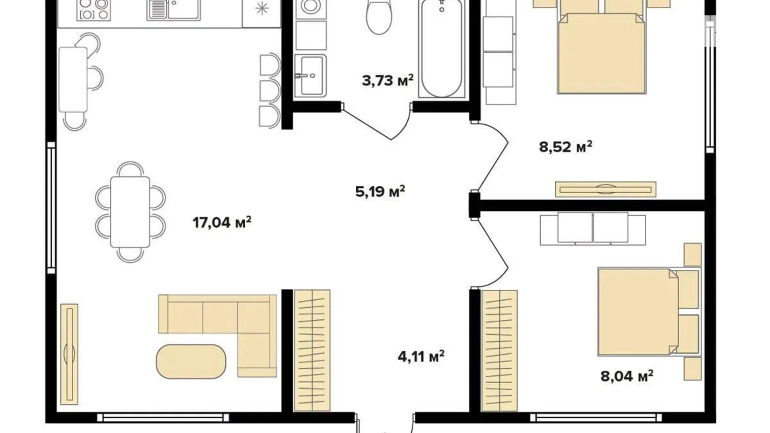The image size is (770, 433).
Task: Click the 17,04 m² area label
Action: point(222,222)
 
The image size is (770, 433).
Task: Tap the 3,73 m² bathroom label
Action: point(387,80)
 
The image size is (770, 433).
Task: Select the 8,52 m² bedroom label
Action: point(565,147)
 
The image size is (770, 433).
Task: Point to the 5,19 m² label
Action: point(380,192)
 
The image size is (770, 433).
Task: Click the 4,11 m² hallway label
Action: point(421,356)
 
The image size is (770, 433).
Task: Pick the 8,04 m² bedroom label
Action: point(626,376)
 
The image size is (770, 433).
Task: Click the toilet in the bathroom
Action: point(379,17)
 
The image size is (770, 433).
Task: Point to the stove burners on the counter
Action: point(94,9)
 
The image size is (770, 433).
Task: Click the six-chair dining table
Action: point(130,212)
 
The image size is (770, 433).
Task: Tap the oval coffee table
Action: point(191,361)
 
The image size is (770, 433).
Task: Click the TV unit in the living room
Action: point(69,354)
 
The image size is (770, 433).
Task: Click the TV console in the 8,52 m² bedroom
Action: point(606,189)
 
